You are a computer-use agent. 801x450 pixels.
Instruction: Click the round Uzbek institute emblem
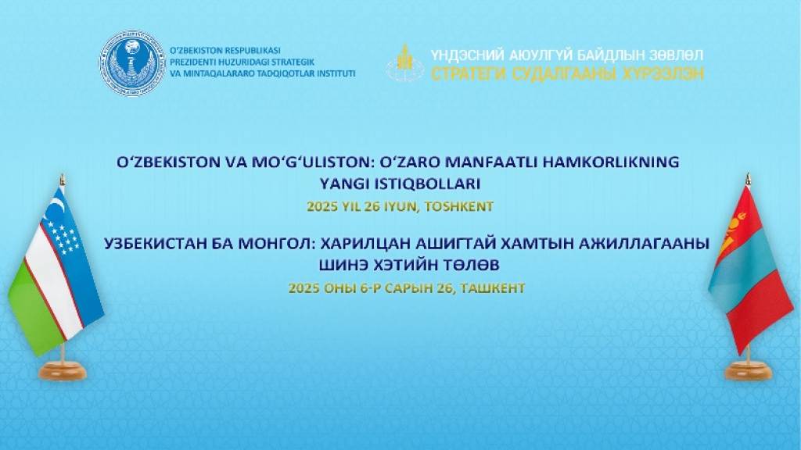(x=133, y=63)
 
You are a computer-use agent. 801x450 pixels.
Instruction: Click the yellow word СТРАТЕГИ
(x=469, y=74)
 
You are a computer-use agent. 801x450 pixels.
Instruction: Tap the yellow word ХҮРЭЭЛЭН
(x=663, y=74)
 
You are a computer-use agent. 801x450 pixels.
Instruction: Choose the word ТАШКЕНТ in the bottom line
(x=493, y=288)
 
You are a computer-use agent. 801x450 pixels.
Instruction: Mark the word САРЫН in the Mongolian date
(x=407, y=288)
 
